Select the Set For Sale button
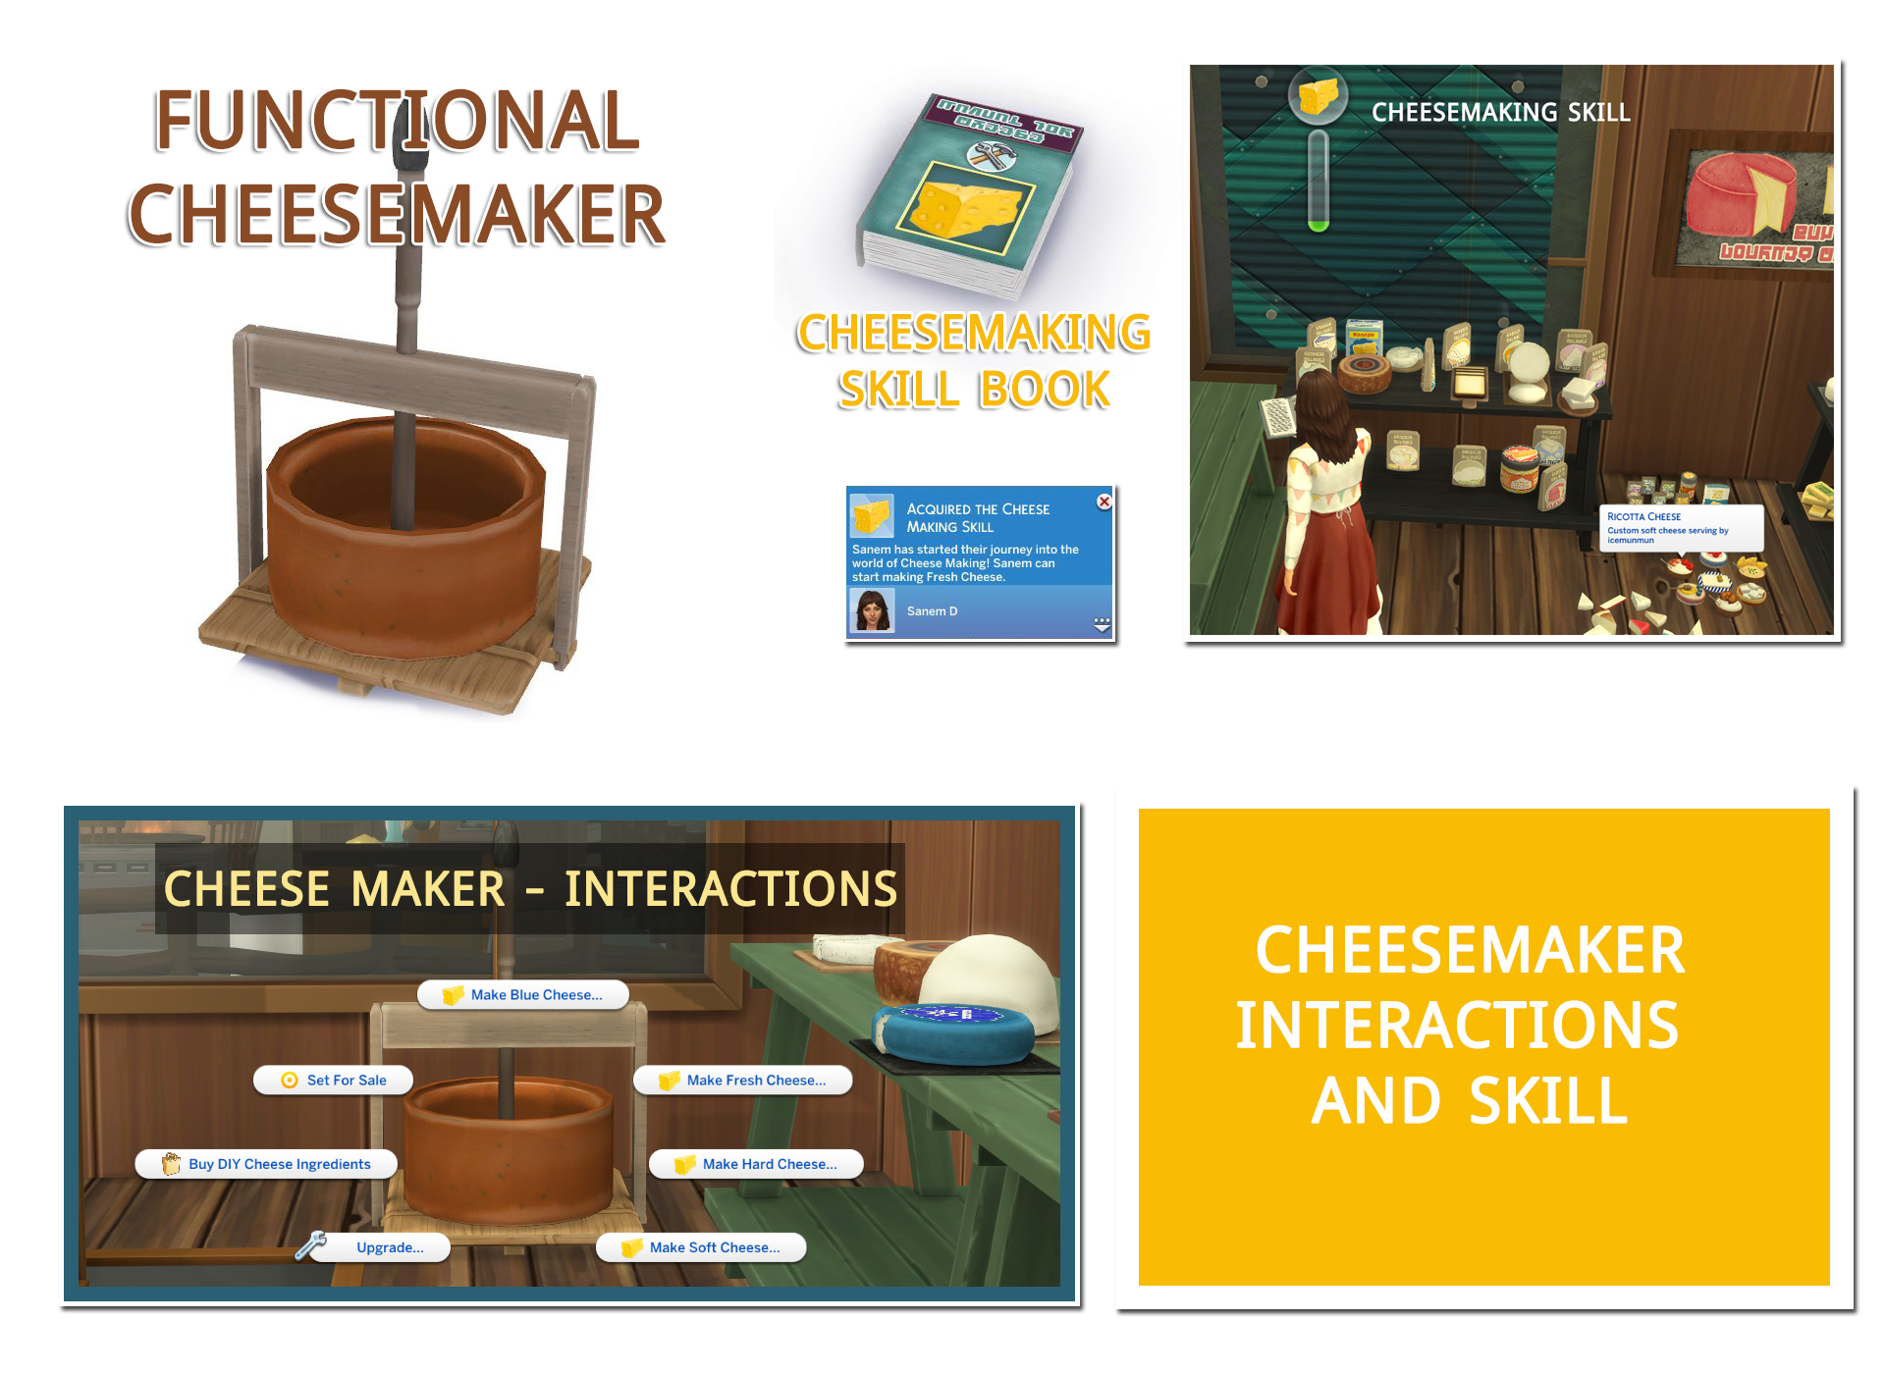[333, 1080]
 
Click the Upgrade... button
[389, 1247]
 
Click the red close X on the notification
[1104, 502]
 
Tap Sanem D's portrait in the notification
[872, 611]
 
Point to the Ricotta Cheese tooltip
[1680, 527]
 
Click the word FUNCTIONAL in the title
[397, 122]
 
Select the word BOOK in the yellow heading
[1045, 391]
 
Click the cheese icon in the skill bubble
[1318, 96]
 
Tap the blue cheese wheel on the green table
[952, 1031]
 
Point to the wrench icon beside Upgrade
[311, 1244]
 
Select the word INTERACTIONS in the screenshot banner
[730, 889]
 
